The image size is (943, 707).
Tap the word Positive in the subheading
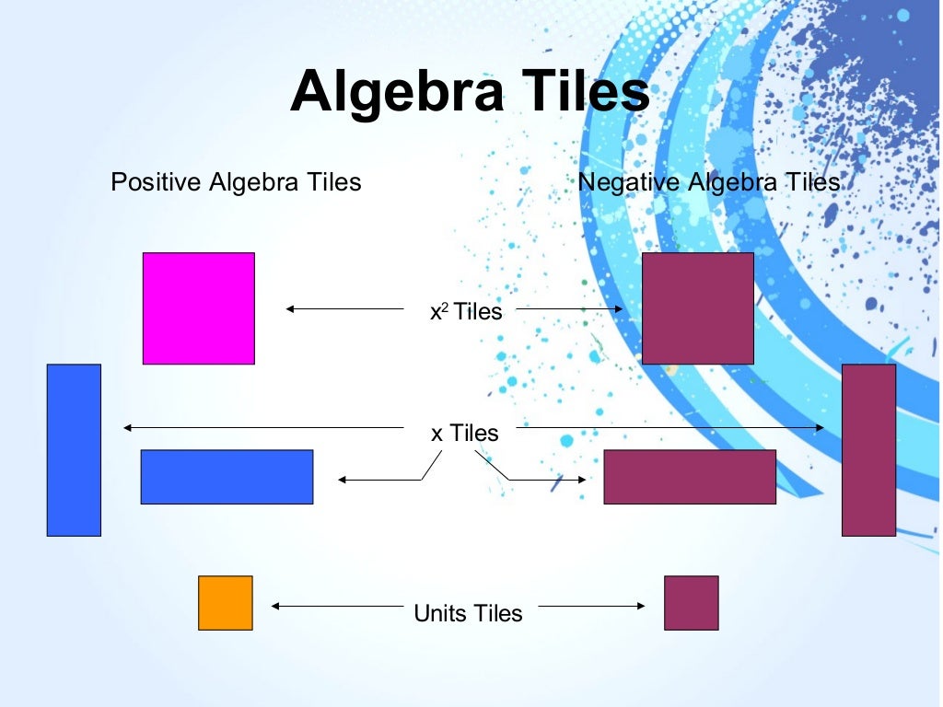(x=156, y=182)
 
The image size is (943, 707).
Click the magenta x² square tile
(x=198, y=308)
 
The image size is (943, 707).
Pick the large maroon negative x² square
(x=697, y=308)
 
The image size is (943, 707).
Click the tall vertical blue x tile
(x=74, y=449)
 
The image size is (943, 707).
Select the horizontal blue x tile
(x=227, y=477)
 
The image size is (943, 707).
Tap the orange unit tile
(x=225, y=603)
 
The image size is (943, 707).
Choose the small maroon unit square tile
(x=691, y=603)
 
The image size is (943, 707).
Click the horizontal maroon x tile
(x=690, y=477)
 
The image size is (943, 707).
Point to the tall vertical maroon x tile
(x=868, y=449)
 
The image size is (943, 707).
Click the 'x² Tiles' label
(x=466, y=312)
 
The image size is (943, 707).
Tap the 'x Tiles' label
(x=465, y=433)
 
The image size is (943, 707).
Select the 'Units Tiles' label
(x=468, y=613)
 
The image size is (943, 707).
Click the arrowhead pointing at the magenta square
(x=290, y=309)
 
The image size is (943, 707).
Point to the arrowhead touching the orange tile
(x=275, y=606)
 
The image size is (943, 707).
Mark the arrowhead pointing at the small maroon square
(x=641, y=606)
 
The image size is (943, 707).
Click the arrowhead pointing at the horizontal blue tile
(x=342, y=479)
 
